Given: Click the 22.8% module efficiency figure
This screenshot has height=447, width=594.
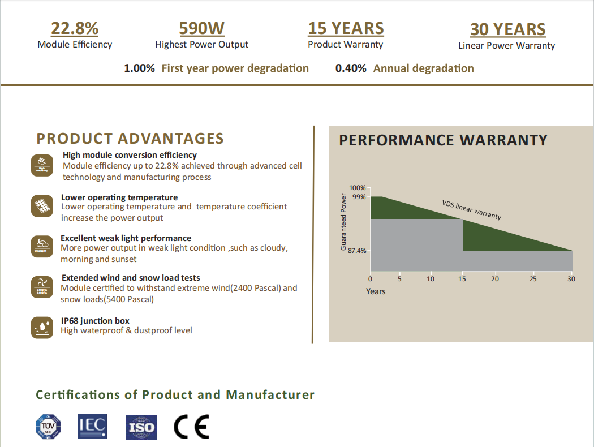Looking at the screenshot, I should point(75,28).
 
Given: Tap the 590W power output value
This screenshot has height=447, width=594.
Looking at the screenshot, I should point(201,28).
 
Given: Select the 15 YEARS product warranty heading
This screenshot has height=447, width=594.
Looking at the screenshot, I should point(346,28).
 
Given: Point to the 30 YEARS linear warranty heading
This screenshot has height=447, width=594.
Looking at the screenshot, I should point(507,29).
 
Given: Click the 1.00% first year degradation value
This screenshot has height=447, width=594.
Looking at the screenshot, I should point(139,68).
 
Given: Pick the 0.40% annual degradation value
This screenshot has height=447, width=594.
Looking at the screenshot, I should point(351,68).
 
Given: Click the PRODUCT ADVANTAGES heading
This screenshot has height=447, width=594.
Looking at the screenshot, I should point(130,139).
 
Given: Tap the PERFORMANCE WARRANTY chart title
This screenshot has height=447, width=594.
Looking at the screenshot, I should point(443,140).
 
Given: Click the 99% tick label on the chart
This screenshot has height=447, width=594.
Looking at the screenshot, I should point(359,197).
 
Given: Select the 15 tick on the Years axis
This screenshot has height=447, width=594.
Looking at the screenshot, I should point(463,279).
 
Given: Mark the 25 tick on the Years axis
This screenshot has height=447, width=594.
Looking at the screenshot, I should point(532,279).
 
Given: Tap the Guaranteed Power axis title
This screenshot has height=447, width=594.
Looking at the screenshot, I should point(343,222).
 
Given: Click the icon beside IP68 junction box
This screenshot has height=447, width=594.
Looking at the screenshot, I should point(42,327).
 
